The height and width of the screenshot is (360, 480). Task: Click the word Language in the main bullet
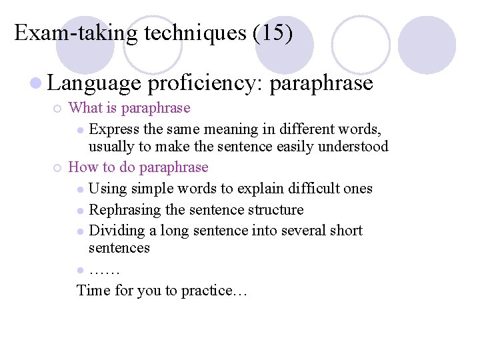click(x=95, y=83)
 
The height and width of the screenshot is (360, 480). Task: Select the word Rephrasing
click(x=125, y=210)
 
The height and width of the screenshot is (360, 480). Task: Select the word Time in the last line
click(x=92, y=291)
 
